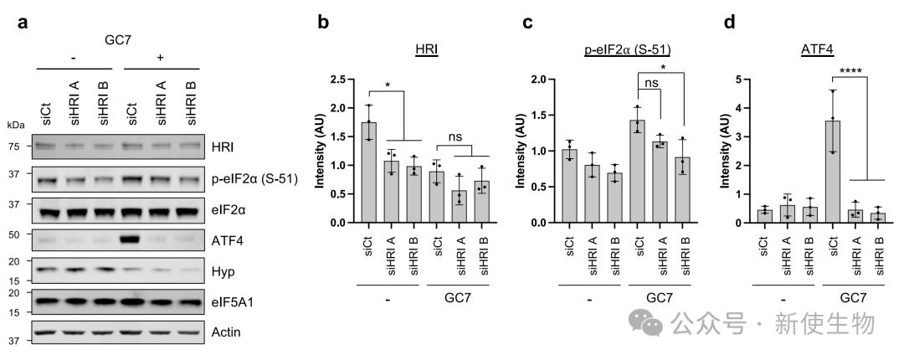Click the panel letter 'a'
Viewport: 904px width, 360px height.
[x=25, y=23]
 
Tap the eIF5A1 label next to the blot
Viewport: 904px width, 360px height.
[x=231, y=302]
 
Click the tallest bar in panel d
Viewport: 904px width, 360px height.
[x=832, y=172]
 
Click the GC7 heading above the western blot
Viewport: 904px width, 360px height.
[x=119, y=39]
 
